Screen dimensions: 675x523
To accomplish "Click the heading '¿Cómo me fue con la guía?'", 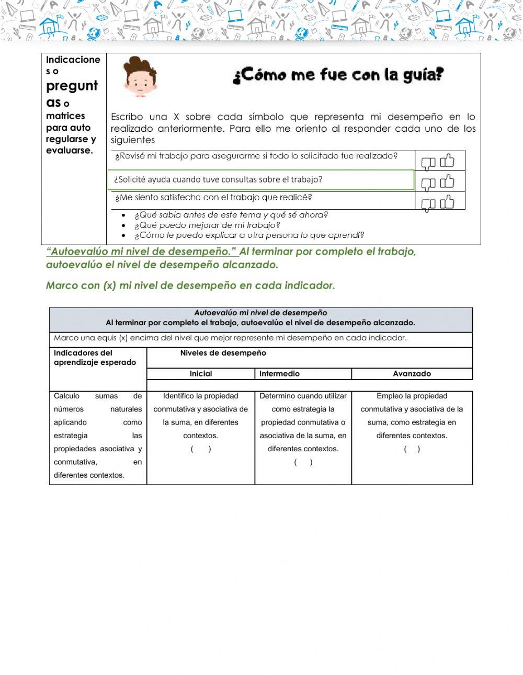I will (x=338, y=75).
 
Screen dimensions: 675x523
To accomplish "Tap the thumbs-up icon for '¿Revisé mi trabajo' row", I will (x=447, y=161).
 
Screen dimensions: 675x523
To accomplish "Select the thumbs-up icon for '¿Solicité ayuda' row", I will (x=447, y=181).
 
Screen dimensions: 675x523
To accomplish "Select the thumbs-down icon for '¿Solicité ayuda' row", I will (x=428, y=184).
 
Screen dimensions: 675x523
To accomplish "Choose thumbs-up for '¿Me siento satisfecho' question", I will (x=447, y=202).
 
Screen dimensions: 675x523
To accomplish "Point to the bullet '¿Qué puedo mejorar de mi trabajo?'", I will (x=207, y=225).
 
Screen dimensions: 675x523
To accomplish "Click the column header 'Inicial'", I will (x=201, y=374).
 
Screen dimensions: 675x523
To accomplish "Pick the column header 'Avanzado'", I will (x=412, y=374).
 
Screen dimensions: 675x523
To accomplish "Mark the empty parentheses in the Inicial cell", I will (x=201, y=449).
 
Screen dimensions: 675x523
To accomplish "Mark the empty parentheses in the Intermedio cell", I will (x=303, y=462).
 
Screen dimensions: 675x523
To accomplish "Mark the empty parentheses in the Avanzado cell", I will (x=412, y=449).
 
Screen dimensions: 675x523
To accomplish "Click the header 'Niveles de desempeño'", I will (x=223, y=353).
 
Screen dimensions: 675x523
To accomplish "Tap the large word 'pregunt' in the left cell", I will (x=72, y=86).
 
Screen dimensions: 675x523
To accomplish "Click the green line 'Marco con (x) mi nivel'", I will (x=190, y=285).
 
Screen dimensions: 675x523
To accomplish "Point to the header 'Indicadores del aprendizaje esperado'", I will (x=95, y=358).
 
